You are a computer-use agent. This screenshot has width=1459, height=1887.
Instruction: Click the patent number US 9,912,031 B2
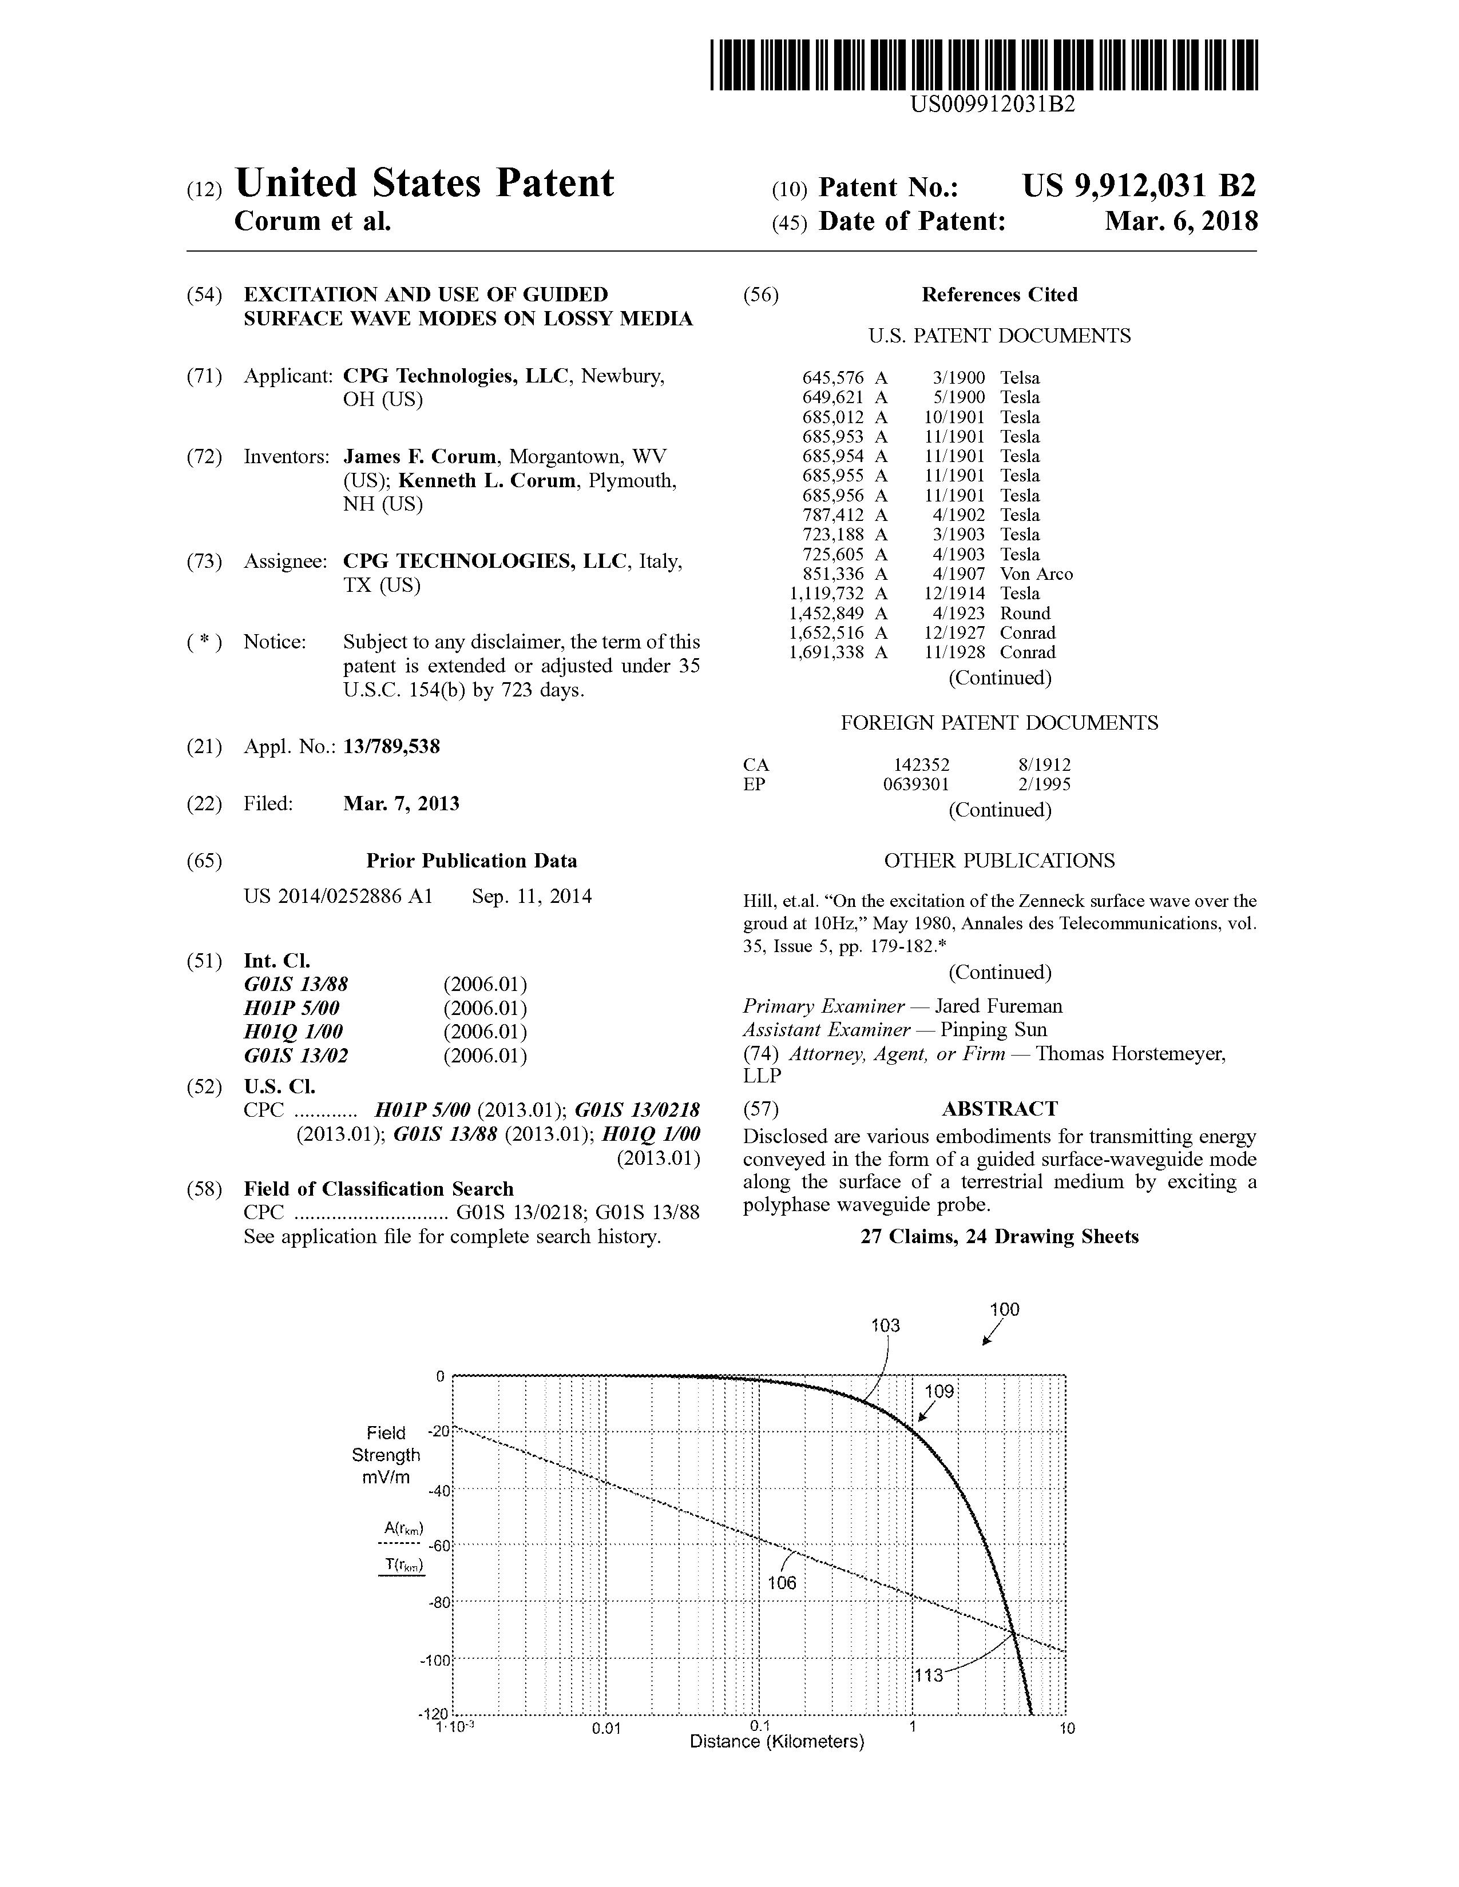1139,186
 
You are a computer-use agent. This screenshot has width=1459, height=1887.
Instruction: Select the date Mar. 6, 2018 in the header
1181,222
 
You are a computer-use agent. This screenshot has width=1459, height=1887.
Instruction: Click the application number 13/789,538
391,746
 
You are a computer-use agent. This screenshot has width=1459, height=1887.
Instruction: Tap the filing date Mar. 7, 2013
401,803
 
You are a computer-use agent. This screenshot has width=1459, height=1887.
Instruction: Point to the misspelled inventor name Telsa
1020,377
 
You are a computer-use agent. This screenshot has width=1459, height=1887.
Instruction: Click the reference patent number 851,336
833,574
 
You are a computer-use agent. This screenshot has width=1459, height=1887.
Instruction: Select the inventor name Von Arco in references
1036,574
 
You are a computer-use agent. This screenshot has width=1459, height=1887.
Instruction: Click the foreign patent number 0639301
921,785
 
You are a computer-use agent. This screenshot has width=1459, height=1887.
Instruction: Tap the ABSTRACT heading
999,1109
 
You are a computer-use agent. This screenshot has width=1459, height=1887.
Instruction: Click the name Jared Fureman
998,1006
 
